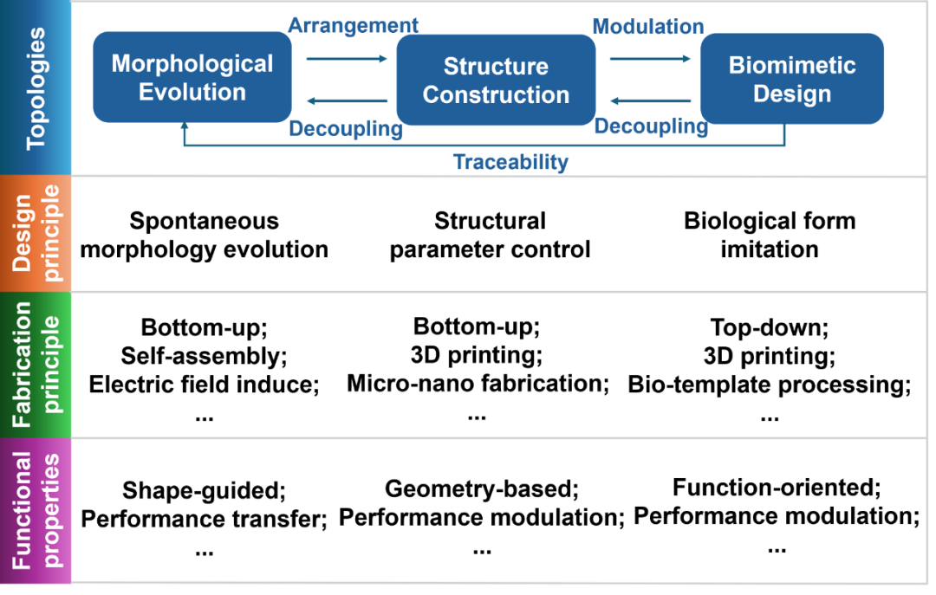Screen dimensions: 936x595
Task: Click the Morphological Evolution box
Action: pyautogui.click(x=192, y=77)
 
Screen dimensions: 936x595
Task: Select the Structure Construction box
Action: pyautogui.click(x=496, y=80)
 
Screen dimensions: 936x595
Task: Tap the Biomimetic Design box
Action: pyautogui.click(x=792, y=79)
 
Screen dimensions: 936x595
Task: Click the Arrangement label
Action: pyautogui.click(x=354, y=25)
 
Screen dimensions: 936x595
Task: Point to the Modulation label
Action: pyautogui.click(x=648, y=26)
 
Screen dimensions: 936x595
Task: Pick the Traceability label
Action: pyautogui.click(x=511, y=162)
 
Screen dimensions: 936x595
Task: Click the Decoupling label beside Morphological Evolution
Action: pyautogui.click(x=346, y=129)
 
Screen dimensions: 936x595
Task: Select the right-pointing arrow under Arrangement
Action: pyautogui.click(x=347, y=59)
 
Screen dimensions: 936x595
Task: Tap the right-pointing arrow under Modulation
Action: pyautogui.click(x=650, y=59)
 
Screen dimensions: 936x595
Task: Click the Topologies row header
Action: pyautogui.click(x=36, y=88)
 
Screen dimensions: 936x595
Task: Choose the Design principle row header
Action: pyautogui.click(x=36, y=233)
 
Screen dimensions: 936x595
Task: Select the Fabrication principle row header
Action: pyautogui.click(x=36, y=365)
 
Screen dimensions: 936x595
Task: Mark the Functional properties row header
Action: pyautogui.click(x=36, y=510)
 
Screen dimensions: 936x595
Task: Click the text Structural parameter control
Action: pyautogui.click(x=490, y=235)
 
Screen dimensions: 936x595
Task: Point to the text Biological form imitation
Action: pyautogui.click(x=770, y=235)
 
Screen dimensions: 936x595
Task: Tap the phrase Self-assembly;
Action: pyautogui.click(x=205, y=356)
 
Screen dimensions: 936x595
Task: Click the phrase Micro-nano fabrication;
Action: pyautogui.click(x=478, y=384)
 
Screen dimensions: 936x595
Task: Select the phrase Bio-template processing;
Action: pyautogui.click(x=770, y=385)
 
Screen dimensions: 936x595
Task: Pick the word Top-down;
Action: pyautogui.click(x=770, y=327)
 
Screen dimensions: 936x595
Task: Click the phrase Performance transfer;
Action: pyautogui.click(x=205, y=519)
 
